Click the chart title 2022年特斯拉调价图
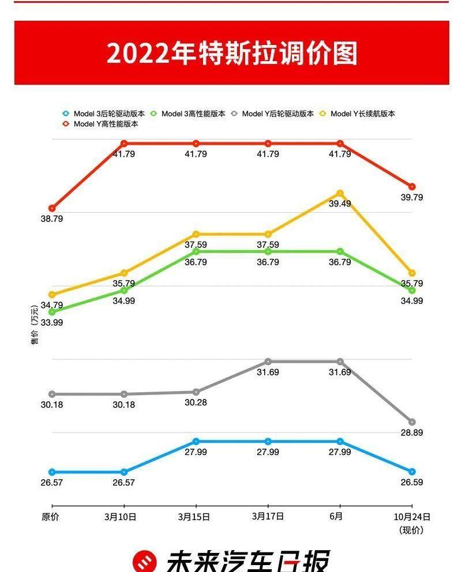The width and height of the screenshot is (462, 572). pyautogui.click(x=231, y=53)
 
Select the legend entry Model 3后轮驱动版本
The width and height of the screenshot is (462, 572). pyautogui.click(x=104, y=114)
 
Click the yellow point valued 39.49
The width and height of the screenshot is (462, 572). pyautogui.click(x=340, y=193)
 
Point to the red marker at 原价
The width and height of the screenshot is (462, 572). pyautogui.click(x=52, y=208)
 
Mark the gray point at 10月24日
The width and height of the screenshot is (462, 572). pyautogui.click(x=412, y=422)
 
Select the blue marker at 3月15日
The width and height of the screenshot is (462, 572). pyautogui.click(x=196, y=442)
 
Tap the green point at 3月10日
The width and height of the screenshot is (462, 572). pyautogui.click(x=124, y=290)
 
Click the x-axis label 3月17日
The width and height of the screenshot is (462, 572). pyautogui.click(x=268, y=517)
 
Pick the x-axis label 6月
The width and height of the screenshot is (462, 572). pyautogui.click(x=336, y=517)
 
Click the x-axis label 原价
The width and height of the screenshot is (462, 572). pyautogui.click(x=51, y=517)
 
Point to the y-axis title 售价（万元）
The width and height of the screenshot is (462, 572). pyautogui.click(x=35, y=329)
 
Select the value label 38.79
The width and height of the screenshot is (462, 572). pyautogui.click(x=52, y=219)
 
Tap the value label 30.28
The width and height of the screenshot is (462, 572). pyautogui.click(x=196, y=402)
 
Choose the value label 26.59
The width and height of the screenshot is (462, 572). pyautogui.click(x=412, y=482)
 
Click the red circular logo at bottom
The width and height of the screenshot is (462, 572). pyautogui.click(x=144, y=561)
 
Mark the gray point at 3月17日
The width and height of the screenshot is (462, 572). pyautogui.click(x=268, y=362)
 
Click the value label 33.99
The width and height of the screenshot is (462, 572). pyautogui.click(x=52, y=323)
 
